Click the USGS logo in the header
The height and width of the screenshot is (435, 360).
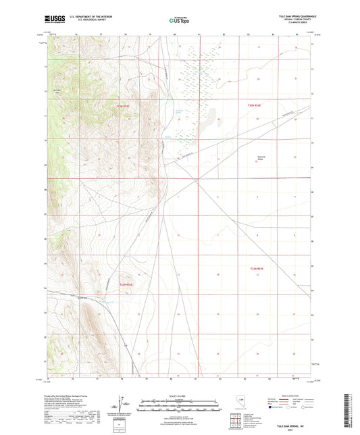coord(54,20)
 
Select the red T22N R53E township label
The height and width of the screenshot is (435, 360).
coord(255,104)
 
